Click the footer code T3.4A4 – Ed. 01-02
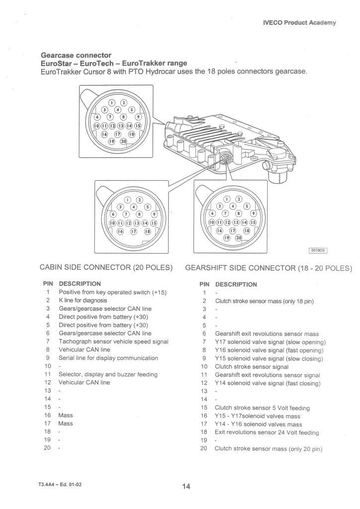(x=58, y=484)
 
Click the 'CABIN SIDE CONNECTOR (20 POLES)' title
(x=106, y=268)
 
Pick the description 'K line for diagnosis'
(x=83, y=301)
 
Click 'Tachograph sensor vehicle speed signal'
(x=113, y=341)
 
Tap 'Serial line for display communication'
(x=108, y=358)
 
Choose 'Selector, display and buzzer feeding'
(x=108, y=374)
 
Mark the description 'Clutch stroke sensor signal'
(x=252, y=367)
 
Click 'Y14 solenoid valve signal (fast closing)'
(x=268, y=383)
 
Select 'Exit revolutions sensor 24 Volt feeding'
(x=267, y=432)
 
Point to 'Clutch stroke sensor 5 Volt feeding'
(x=262, y=408)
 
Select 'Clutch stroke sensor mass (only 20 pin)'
(x=269, y=449)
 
